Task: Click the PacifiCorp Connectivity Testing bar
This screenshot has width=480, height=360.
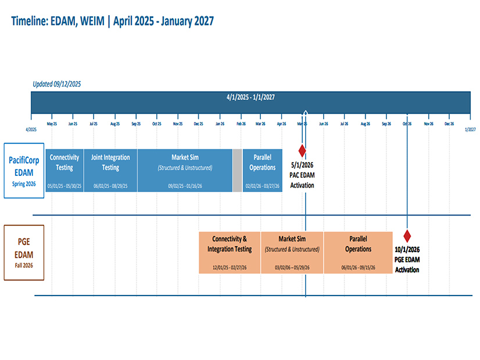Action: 65,170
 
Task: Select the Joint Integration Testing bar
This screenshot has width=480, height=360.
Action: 110,170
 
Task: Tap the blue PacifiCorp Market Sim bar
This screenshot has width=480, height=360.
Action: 185,170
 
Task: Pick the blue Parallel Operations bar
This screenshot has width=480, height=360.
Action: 262,170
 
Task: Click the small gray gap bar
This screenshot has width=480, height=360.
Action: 237,170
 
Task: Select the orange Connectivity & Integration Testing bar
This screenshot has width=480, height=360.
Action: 230,253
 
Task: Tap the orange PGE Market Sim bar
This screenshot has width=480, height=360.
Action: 292,253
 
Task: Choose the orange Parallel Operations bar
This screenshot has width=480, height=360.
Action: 358,253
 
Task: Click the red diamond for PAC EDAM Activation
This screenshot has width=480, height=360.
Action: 302,151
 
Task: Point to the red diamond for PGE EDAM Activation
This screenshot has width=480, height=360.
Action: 407,236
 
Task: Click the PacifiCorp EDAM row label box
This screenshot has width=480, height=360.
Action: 24,170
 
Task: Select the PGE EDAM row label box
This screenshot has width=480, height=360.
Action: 24,253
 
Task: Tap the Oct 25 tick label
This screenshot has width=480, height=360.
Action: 157,124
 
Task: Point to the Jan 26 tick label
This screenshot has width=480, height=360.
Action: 220,124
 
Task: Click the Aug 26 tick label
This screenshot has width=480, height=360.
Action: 365,124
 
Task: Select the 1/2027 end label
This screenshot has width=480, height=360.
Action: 470,129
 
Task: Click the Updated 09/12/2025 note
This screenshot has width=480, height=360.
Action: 56,84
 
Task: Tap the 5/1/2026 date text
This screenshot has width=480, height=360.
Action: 302,165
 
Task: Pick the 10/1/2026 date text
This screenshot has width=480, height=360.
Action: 407,250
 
